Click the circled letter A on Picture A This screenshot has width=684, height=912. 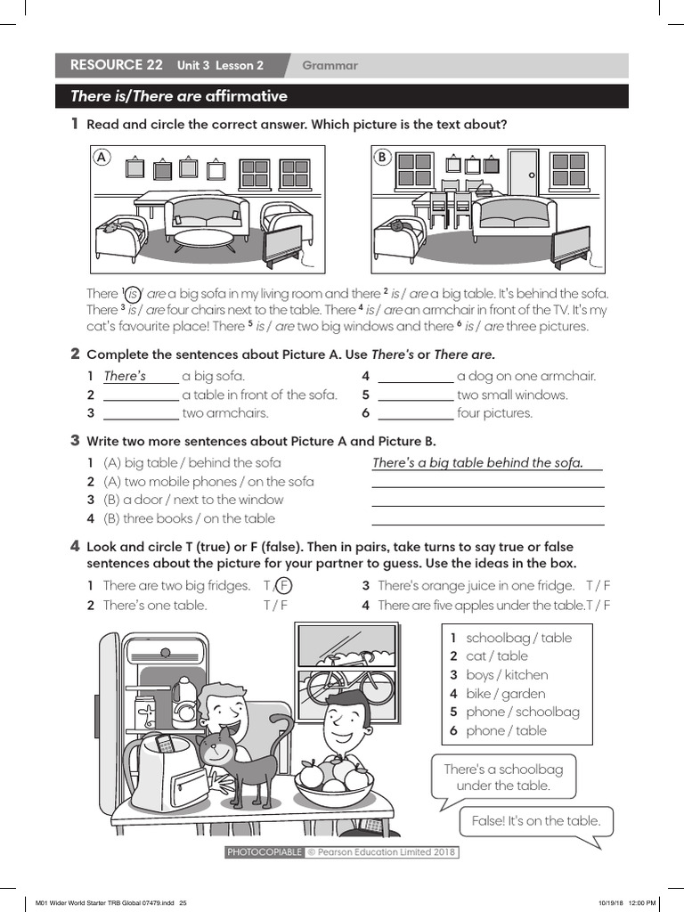(102, 157)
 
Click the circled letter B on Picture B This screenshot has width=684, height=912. (382, 157)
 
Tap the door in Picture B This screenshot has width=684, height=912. (523, 173)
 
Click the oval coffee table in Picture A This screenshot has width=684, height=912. (203, 240)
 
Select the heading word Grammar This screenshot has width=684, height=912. (330, 65)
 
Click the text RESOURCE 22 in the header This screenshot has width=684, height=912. (116, 65)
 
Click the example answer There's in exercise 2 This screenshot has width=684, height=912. (125, 376)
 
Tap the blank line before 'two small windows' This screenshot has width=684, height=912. (415, 395)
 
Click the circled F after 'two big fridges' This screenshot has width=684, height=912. (282, 585)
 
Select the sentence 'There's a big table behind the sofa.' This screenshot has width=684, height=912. (477, 462)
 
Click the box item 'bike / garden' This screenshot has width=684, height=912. (506, 693)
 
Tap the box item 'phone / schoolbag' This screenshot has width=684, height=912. (522, 712)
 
